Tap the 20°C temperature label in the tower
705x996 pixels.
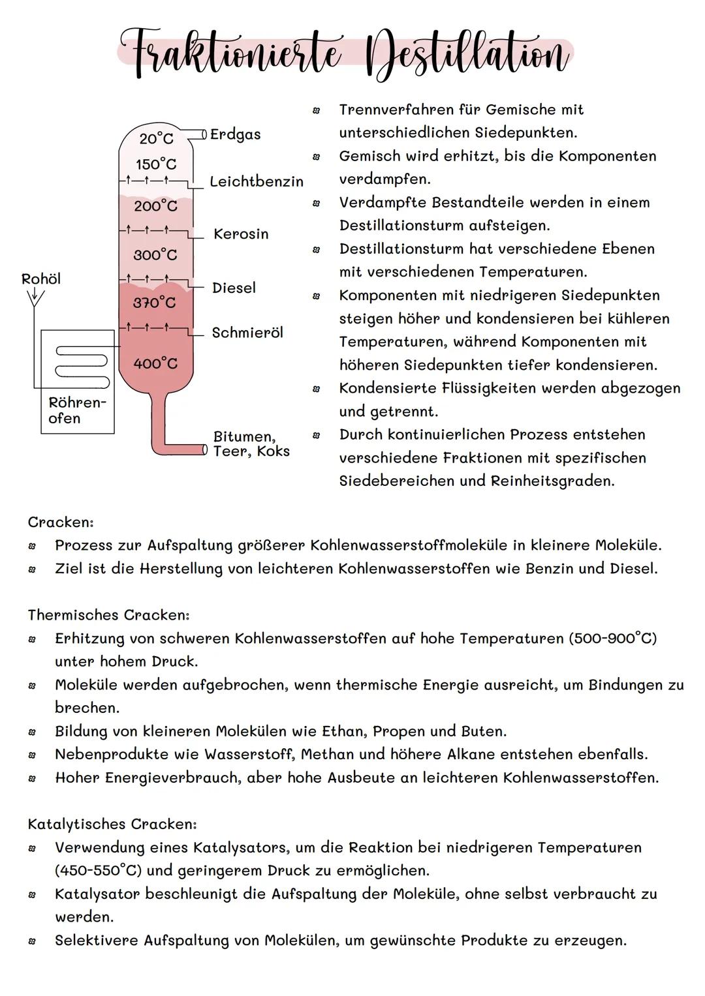(x=157, y=138)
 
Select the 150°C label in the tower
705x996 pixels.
(x=156, y=164)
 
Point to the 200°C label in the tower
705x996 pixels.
(x=155, y=206)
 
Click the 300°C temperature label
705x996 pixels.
(x=155, y=254)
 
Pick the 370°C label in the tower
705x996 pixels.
(x=155, y=303)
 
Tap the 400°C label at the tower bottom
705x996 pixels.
(x=155, y=363)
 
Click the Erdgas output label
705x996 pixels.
(x=235, y=134)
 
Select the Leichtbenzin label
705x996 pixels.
(x=257, y=182)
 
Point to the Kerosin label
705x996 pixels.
(x=241, y=234)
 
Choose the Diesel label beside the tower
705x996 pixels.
(x=234, y=288)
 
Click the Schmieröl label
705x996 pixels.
(x=247, y=333)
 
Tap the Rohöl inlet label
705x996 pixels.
(x=41, y=279)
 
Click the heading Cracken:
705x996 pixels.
(x=61, y=522)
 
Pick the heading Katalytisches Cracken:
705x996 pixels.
(x=112, y=824)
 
